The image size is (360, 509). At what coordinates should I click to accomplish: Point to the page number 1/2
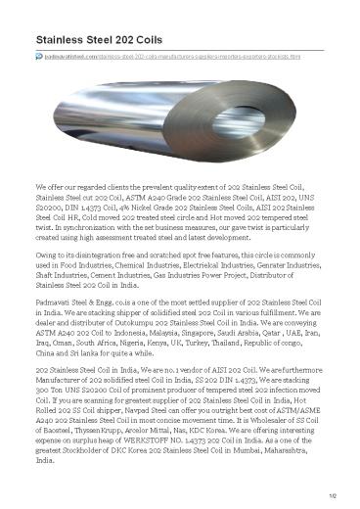click(x=330, y=500)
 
